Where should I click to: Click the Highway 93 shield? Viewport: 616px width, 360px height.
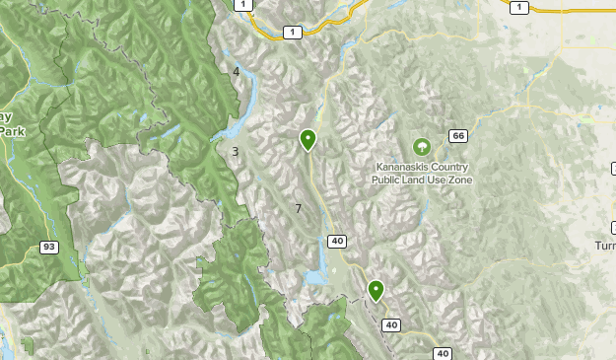click(x=47, y=246)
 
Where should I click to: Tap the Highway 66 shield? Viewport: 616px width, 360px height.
click(x=457, y=136)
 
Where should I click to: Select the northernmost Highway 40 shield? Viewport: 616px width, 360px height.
click(x=337, y=242)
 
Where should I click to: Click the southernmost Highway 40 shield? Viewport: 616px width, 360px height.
click(x=441, y=353)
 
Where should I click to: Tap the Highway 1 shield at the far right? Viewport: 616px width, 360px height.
click(x=519, y=7)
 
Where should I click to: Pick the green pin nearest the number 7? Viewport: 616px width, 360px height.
click(x=308, y=139)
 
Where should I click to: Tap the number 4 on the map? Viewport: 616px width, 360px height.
click(x=237, y=71)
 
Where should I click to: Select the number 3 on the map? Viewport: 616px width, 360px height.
click(x=236, y=151)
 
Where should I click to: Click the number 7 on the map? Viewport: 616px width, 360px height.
click(x=298, y=208)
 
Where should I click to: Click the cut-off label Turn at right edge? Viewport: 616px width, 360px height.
click(x=605, y=245)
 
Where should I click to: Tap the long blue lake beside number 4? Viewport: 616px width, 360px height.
click(x=250, y=94)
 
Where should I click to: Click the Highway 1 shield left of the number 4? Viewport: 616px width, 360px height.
click(x=240, y=5)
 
